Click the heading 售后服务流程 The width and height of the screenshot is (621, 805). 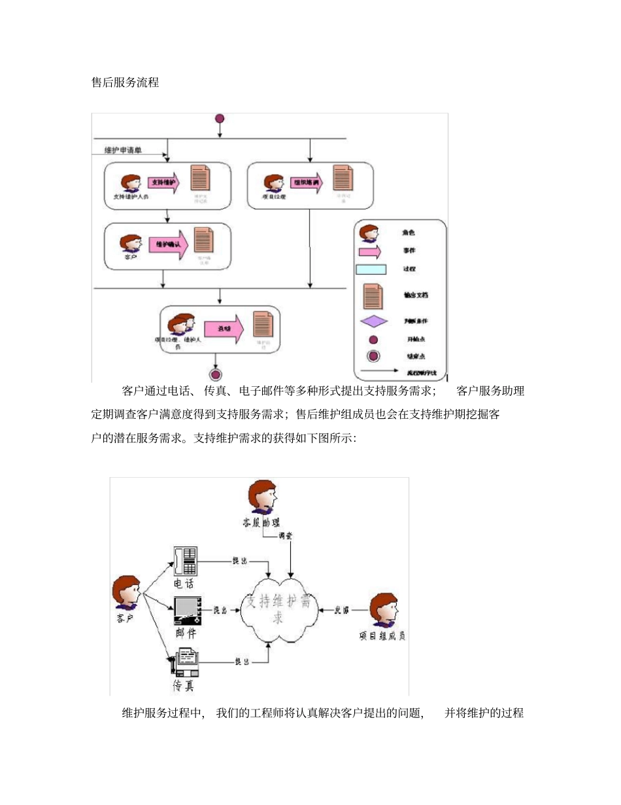(125, 83)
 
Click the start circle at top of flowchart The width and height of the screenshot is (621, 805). (220, 118)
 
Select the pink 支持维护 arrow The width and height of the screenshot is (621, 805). (164, 183)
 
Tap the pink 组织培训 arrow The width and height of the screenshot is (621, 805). (307, 183)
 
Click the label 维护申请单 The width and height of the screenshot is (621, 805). (124, 151)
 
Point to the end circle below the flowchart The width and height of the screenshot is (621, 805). (216, 374)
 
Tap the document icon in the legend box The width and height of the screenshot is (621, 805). (373, 295)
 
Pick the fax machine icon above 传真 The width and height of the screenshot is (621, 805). (185, 662)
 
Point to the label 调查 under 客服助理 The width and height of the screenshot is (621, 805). (286, 535)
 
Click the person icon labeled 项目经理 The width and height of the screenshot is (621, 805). (273, 183)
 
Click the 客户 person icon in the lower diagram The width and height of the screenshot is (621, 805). (126, 593)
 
